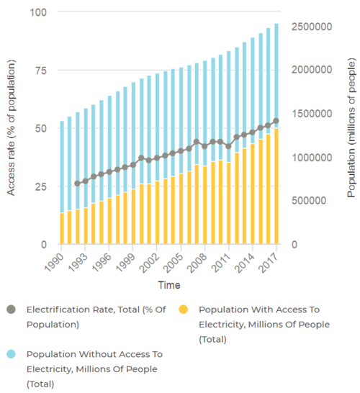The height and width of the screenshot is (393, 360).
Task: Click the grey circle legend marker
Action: [11, 310]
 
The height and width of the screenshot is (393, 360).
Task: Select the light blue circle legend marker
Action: [11, 355]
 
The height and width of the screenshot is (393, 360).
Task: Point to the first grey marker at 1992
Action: [78, 184]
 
